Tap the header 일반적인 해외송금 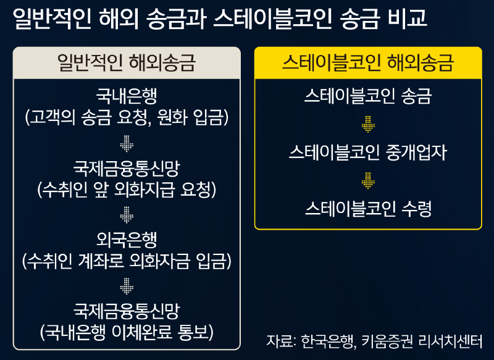(127, 62)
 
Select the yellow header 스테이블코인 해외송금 (368, 62)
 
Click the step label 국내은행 (127, 96)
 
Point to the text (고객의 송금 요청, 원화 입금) (127, 117)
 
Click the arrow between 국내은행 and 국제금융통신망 (127, 144)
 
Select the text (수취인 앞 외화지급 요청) (127, 190)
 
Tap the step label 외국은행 (127, 240)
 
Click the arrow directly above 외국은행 (127, 215)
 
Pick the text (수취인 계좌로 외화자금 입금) (127, 261)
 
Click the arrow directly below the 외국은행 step (127, 287)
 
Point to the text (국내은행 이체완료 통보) (127, 332)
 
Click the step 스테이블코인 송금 (368, 96)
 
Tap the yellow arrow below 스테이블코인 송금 (368, 124)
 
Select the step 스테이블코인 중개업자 (368, 153)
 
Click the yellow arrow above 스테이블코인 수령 (368, 180)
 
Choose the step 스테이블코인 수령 (368, 209)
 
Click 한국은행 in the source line (329, 341)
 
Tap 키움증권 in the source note (387, 341)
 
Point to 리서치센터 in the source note (451, 341)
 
